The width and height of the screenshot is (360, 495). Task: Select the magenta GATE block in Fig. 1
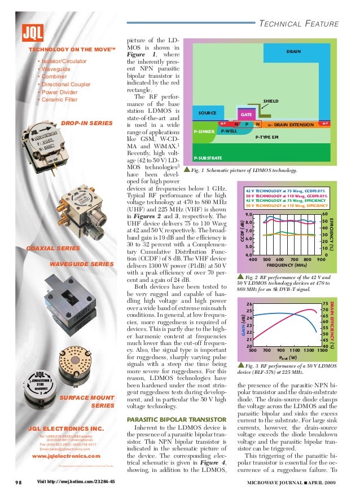coord(246,114)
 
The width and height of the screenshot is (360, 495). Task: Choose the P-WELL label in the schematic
coord(229,130)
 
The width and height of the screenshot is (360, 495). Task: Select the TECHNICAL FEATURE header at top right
coord(297,23)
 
